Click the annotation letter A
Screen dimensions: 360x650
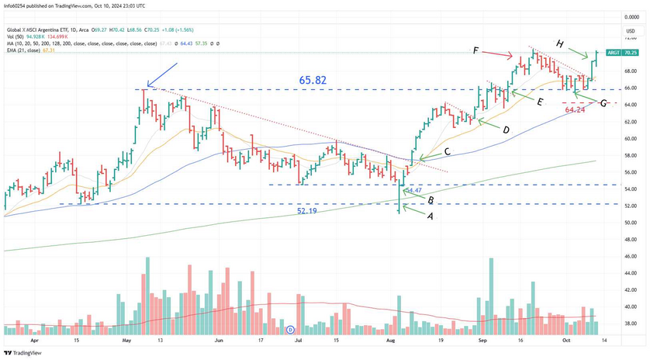click(x=430, y=218)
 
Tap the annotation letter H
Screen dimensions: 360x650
click(x=559, y=43)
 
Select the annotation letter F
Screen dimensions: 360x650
click(x=475, y=50)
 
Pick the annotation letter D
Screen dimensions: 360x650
click(x=506, y=130)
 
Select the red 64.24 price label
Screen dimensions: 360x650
click(x=575, y=110)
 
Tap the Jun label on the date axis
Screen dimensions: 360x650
click(x=219, y=340)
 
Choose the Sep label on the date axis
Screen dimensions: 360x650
click(x=482, y=340)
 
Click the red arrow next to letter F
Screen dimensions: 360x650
click(x=496, y=54)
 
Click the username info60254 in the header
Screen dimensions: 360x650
click(x=18, y=5)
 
